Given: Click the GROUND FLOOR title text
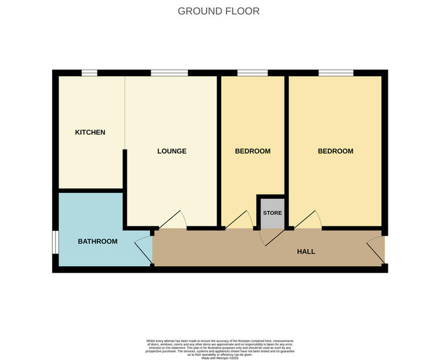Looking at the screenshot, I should pos(218,11).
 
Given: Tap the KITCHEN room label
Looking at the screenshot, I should pos(90,133).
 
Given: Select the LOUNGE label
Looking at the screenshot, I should pos(171,151).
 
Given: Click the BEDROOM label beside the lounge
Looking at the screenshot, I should pos(252,151).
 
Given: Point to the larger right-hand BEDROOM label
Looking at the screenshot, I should pos(335,151).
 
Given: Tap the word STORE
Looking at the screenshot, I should pos(272,213).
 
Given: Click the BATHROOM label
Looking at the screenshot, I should pos(97,242).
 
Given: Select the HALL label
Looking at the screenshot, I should pos(306,252).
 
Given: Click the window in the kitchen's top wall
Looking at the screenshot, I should pos(89,73).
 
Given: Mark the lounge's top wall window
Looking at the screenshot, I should pos(169,73).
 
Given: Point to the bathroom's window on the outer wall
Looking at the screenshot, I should pos(55,242).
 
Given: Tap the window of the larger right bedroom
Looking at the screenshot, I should pos(336,73).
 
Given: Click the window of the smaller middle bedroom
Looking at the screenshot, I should pos(252,73).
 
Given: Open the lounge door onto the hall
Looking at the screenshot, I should pos(172,220).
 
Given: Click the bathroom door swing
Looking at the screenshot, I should pos(142,249).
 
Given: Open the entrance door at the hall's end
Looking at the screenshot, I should pos(374,249).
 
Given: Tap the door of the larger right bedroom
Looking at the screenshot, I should pos(308,220).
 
